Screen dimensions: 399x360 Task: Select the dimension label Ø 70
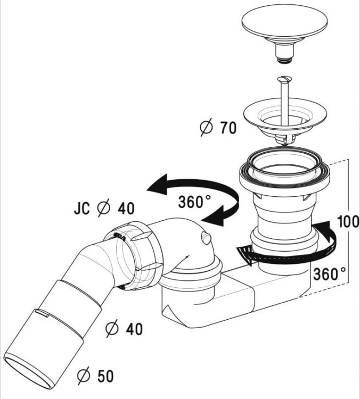[x=218, y=128]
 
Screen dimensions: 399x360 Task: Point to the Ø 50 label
[x=96, y=376]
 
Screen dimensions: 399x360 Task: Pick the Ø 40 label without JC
[x=125, y=329]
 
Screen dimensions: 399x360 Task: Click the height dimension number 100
[x=348, y=222]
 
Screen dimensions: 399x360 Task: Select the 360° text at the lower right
[x=330, y=275]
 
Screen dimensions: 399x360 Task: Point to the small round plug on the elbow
[x=205, y=238]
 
